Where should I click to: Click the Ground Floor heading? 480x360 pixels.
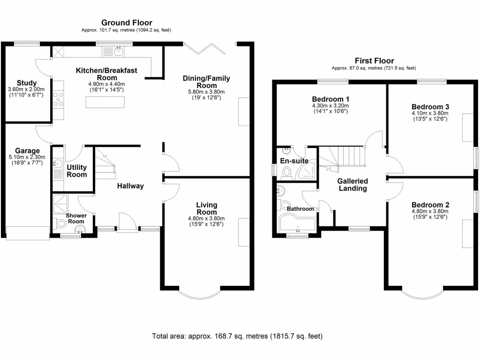point(127,22)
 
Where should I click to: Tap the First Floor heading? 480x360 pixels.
point(374,60)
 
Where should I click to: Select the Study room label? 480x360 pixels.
point(26,83)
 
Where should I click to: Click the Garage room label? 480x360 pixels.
point(26,151)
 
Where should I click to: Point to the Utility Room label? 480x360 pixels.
point(76,171)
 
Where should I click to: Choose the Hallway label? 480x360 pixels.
point(130,186)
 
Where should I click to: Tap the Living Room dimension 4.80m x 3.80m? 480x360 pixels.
point(207,218)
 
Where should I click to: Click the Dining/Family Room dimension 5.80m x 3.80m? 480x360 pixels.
point(207,92)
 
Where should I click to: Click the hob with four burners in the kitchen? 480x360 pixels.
point(59,100)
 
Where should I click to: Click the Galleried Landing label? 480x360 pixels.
point(352,185)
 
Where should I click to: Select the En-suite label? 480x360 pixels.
point(294,161)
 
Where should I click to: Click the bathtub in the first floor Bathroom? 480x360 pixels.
point(298,224)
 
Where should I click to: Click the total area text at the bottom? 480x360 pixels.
point(237,336)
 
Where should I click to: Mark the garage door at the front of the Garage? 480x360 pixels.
point(27,233)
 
